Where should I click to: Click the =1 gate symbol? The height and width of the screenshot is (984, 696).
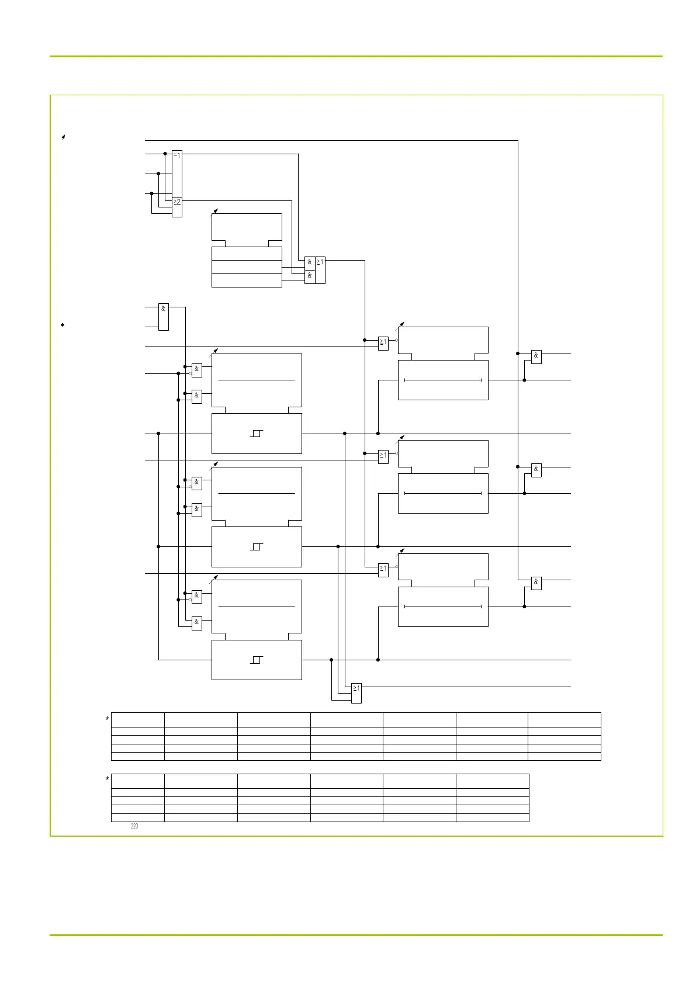(177, 155)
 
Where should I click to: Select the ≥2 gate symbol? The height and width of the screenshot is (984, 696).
(177, 202)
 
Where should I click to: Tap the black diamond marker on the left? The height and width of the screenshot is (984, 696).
(63, 324)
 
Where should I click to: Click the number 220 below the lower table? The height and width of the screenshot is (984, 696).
(134, 826)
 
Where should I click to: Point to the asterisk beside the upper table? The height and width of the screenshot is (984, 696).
(108, 719)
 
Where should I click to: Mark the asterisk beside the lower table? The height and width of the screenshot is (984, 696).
(108, 779)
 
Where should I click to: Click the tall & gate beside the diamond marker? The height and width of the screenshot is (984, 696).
(164, 317)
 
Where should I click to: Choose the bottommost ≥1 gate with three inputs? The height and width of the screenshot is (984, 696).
(356, 693)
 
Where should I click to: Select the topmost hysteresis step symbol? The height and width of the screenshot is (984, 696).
(257, 434)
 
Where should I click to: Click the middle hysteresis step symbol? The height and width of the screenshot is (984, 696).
(257, 547)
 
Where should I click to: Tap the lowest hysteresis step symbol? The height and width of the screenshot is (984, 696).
(257, 660)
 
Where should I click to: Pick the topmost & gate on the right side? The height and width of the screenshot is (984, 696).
(536, 356)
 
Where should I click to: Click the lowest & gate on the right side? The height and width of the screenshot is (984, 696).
(536, 582)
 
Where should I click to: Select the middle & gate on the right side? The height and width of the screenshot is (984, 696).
(536, 469)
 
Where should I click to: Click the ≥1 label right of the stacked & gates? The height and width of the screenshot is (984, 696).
(320, 262)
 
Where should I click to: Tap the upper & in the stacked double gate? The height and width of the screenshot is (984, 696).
(310, 262)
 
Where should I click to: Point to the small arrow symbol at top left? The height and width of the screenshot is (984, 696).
(63, 137)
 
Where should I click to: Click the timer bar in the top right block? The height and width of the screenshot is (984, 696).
(443, 380)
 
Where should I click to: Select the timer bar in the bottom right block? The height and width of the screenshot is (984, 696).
(443, 607)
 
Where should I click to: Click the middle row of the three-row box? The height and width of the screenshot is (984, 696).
(247, 267)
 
